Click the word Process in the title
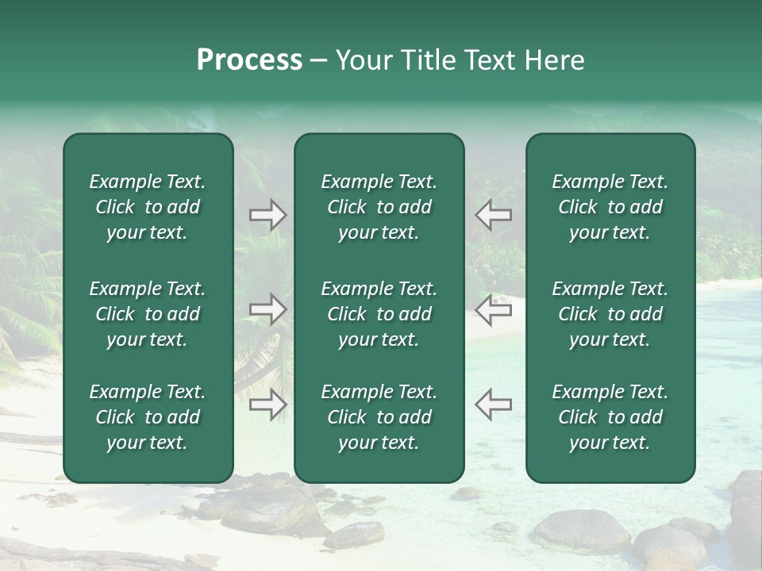[249, 60]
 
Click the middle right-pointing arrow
[267, 309]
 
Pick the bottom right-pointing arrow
[267, 404]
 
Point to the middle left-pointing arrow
[493, 309]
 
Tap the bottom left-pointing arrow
[493, 404]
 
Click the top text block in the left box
[148, 207]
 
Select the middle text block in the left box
[148, 314]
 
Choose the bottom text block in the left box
[148, 417]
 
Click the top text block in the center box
[379, 207]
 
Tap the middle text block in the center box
[379, 314]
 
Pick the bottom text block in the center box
[379, 417]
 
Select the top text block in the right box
[610, 207]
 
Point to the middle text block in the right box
[610, 314]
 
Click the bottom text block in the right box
[610, 417]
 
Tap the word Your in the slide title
[362, 60]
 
